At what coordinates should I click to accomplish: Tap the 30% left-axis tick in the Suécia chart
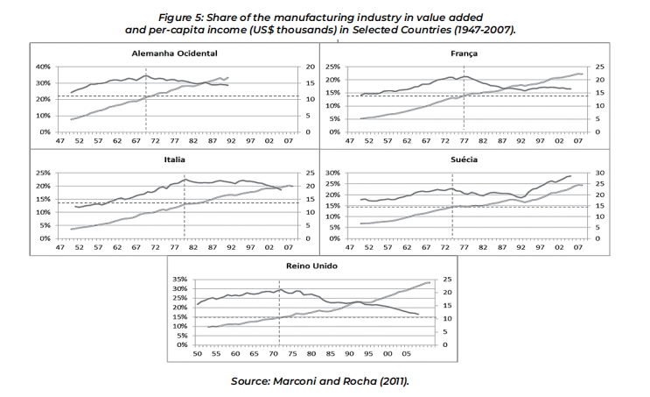click(x=336, y=173)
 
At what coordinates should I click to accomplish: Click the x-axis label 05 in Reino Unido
click(x=408, y=353)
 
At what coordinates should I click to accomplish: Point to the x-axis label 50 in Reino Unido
click(x=198, y=353)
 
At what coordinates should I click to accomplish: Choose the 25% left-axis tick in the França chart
click(x=336, y=67)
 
